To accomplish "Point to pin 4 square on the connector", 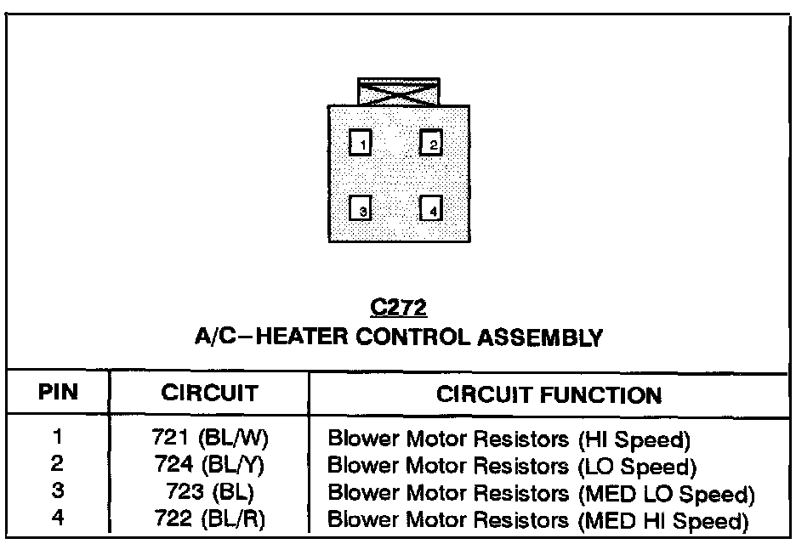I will pyautogui.click(x=431, y=209).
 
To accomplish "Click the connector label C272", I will pyautogui.click(x=398, y=308).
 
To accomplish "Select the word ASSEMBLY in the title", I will pyautogui.click(x=548, y=337).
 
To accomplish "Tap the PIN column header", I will pyautogui.click(x=58, y=394).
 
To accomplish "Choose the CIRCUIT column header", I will pyautogui.click(x=209, y=394).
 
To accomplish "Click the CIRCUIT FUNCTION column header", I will pyautogui.click(x=549, y=394).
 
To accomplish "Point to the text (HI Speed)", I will pyautogui.click(x=634, y=441).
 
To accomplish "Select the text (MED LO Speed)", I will pyautogui.click(x=666, y=493).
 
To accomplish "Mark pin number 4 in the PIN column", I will pyautogui.click(x=58, y=517).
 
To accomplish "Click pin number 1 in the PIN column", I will pyautogui.click(x=58, y=439).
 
